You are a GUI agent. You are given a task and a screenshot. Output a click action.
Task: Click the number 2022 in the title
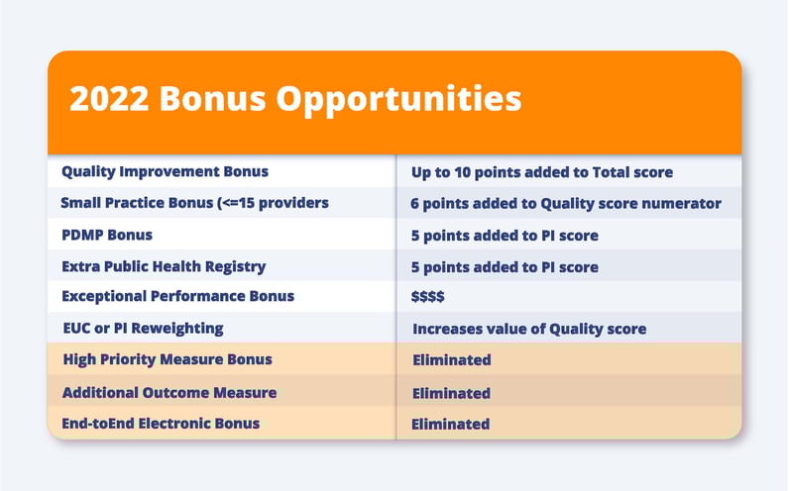coord(109,98)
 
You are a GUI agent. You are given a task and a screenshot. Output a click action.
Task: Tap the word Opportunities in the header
coord(399,100)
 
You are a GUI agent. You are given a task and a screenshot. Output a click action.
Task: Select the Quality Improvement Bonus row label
coord(166,171)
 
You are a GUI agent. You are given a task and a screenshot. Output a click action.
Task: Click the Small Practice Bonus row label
coord(194,203)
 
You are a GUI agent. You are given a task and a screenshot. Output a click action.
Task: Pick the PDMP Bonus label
coord(107,235)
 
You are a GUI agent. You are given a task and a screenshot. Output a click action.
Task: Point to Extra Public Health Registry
coord(164,266)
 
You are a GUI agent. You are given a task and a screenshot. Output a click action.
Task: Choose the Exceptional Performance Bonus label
coord(177,296)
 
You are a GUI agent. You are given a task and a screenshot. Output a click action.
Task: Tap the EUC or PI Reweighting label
coord(143,329)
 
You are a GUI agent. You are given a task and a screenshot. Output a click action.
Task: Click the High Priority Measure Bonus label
coord(168,359)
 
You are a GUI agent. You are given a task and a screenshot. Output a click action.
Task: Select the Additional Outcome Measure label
coord(169,392)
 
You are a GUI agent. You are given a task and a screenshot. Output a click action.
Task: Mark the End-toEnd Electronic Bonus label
coord(161,423)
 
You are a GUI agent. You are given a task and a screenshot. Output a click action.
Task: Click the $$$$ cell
coord(428,297)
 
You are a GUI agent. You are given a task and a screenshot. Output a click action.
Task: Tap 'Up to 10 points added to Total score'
coord(542,172)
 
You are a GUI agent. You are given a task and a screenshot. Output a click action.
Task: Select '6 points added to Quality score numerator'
coord(566,204)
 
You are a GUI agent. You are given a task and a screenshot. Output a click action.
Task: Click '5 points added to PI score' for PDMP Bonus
coord(505,236)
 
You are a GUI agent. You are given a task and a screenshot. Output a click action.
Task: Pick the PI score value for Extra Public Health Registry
coord(505,267)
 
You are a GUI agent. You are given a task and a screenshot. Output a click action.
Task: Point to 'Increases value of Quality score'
coord(529,330)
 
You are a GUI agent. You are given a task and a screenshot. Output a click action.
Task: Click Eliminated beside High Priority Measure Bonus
coord(452,359)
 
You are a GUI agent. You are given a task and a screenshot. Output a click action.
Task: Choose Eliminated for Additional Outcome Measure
coord(451,393)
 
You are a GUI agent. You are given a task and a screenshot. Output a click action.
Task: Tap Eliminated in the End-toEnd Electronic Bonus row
coord(450,424)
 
